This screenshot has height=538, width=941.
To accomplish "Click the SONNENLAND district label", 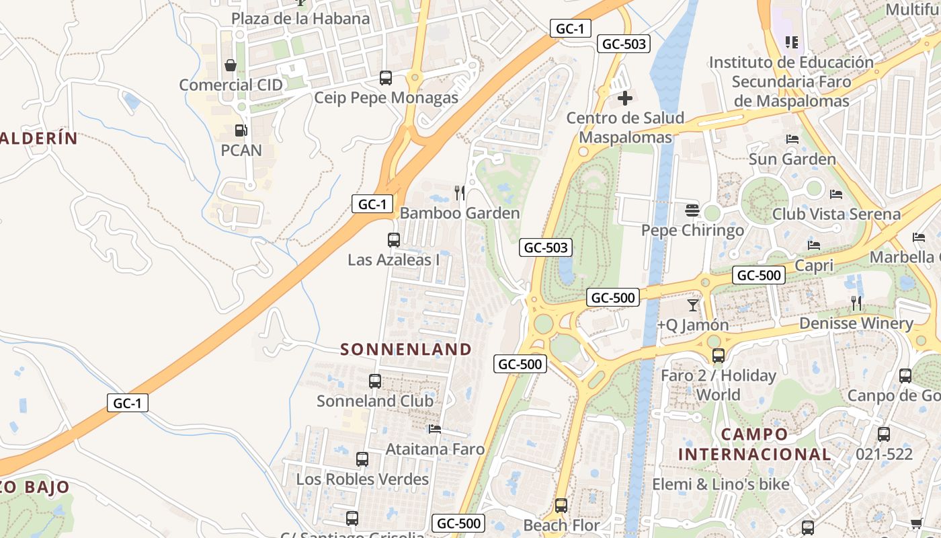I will [406, 349].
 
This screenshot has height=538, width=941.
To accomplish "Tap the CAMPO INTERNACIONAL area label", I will [754, 444].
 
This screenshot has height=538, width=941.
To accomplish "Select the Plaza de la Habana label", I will [300, 18].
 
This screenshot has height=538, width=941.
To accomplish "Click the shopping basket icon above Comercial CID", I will [231, 65].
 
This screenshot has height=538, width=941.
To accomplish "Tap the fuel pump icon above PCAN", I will [240, 130].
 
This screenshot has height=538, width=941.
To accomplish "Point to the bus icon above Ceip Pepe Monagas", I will [386, 77].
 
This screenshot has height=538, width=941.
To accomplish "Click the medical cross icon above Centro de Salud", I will [625, 99].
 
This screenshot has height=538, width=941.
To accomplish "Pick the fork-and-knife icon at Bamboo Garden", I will [460, 193].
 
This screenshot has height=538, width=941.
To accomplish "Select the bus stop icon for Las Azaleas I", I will [394, 239].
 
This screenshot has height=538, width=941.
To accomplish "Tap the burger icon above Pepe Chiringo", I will [692, 210].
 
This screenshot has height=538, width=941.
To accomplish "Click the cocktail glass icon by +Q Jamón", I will [693, 305].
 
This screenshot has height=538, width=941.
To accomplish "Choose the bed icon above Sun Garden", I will [792, 139].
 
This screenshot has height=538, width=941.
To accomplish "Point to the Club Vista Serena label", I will [836, 215].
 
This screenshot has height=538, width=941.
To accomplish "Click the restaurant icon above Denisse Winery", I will [856, 303].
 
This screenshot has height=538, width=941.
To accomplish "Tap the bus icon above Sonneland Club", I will [375, 381].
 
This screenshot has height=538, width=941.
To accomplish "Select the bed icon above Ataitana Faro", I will [435, 428].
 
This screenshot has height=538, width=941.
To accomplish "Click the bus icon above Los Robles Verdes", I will [362, 459].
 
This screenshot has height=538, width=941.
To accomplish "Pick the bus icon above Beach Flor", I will [561, 505].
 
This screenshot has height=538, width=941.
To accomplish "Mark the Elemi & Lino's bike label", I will [721, 484].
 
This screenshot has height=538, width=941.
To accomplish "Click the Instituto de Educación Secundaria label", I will [791, 81].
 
